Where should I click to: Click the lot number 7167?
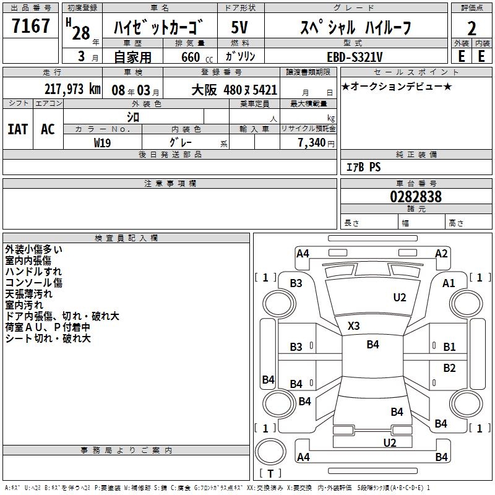click(31, 26)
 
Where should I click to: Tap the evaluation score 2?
click(471, 28)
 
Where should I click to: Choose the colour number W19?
click(103, 142)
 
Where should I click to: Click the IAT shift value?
click(18, 129)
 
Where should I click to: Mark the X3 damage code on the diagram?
click(353, 326)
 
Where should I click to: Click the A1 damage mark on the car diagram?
click(449, 283)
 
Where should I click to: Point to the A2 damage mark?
click(441, 253)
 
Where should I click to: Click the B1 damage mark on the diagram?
click(449, 347)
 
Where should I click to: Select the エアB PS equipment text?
click(363, 167)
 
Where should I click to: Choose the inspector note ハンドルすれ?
click(33, 272)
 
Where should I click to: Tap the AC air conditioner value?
click(48, 129)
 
